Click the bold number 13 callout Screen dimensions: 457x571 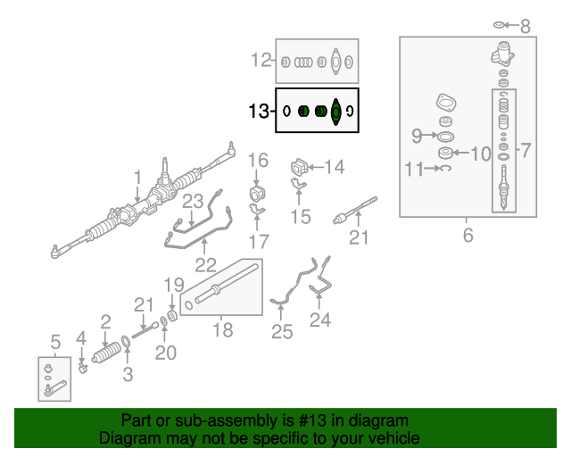point(259,112)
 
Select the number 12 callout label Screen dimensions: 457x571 point(261,61)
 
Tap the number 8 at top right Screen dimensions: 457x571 point(525,27)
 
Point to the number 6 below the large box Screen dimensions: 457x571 point(468,236)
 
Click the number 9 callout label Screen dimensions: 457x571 point(417,136)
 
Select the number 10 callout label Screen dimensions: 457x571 point(480,154)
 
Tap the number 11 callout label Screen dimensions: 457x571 point(412,168)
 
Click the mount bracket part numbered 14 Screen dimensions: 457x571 point(299,167)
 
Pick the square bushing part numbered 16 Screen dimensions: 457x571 point(257,195)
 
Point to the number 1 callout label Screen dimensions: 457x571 point(137,176)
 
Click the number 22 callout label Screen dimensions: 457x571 point(206,264)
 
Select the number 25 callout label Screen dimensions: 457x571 point(282,332)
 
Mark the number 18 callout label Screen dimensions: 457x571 point(222,330)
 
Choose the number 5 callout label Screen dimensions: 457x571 point(54,341)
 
